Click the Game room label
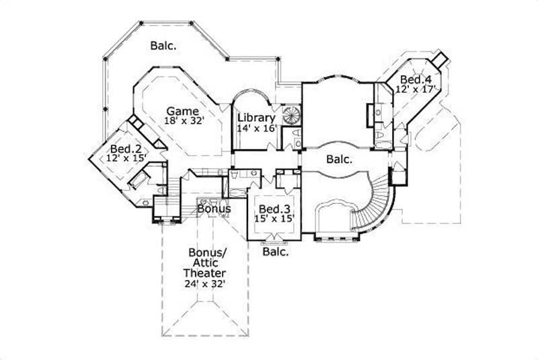coord(182,111)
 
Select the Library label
coord(256,116)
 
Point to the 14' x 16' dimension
coord(256,127)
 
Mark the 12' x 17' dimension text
coord(416,88)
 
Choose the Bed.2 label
coord(125,149)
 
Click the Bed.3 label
coord(274,209)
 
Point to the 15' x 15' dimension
coord(274,219)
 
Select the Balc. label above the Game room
coord(163,46)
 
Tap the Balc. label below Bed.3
coord(276,253)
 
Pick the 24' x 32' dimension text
coord(204,285)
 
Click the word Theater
coord(204,274)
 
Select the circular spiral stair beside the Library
coord(291,115)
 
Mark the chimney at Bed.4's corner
coord(440,59)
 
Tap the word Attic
coord(204,264)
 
